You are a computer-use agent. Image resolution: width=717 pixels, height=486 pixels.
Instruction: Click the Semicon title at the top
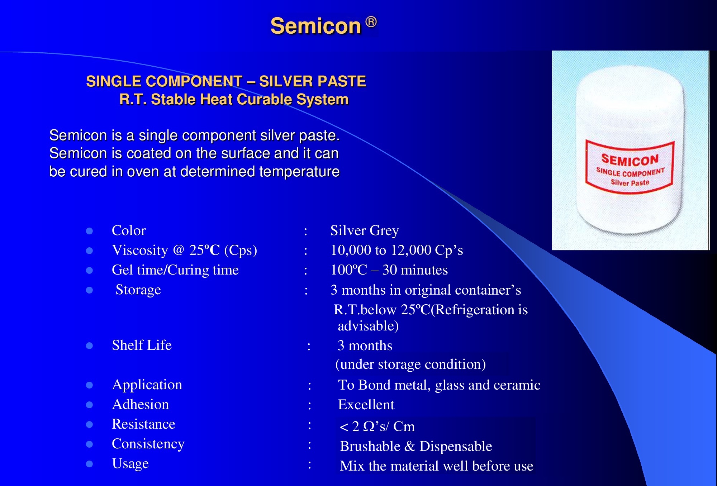coord(315,26)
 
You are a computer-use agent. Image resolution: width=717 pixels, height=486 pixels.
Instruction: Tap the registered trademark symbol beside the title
coord(371,22)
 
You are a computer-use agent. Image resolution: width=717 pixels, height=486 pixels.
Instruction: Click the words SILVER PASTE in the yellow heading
coord(312,81)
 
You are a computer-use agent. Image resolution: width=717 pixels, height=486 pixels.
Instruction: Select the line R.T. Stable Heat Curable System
coord(234,99)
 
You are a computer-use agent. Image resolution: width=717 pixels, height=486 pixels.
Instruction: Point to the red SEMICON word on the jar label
coord(630,159)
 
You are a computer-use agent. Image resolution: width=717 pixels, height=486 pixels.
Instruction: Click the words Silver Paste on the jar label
coord(630,182)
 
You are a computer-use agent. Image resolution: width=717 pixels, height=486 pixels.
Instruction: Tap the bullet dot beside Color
coord(90,231)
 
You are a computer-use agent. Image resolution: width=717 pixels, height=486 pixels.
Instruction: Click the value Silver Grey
coord(365,231)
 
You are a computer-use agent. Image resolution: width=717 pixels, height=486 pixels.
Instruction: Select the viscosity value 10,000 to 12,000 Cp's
coord(397,250)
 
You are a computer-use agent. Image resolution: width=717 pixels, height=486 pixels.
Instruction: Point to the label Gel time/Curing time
coord(175,270)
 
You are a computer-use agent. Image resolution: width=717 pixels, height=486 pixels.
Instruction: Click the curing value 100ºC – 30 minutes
coord(389,270)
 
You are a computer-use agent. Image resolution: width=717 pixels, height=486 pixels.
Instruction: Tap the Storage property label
coord(138,290)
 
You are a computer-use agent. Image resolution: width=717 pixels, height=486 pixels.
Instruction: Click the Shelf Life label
coord(142,345)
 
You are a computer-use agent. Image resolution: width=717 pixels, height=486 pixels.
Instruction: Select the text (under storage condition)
coord(410,364)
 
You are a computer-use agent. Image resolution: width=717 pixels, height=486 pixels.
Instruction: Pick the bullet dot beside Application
coord(90,385)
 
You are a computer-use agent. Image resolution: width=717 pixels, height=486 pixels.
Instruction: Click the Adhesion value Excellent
coord(366,405)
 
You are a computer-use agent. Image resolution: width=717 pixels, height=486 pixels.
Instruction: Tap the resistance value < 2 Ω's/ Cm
coord(377,427)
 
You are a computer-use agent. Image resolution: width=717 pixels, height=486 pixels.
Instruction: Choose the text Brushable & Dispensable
coord(416,446)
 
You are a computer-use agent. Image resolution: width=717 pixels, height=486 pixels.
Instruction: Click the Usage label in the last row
coord(130,464)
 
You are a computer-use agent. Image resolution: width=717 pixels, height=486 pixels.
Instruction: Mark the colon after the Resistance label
coord(309,425)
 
